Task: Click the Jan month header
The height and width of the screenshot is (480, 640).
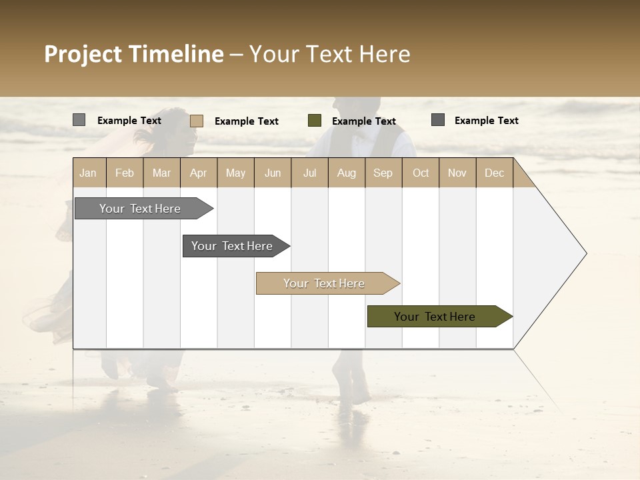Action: point(88,173)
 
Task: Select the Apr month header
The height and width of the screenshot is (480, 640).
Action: point(198,173)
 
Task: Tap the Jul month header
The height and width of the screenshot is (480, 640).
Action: point(309,173)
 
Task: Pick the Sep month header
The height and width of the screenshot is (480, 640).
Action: point(383,173)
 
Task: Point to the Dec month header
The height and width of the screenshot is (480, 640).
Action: point(494,173)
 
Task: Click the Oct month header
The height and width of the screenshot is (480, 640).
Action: point(421,173)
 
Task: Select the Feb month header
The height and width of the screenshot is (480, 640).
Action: point(125,173)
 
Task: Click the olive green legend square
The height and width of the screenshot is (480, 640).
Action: point(315,121)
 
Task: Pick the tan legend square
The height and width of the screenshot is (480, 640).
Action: point(197,121)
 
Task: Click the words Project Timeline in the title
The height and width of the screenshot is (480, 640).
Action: point(133,54)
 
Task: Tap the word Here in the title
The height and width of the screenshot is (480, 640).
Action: point(385,54)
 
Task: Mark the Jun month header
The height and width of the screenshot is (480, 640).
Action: point(273,173)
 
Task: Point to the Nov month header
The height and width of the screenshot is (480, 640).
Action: point(457,173)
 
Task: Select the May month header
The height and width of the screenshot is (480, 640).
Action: point(235,173)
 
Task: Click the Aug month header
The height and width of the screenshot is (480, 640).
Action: point(347,173)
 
